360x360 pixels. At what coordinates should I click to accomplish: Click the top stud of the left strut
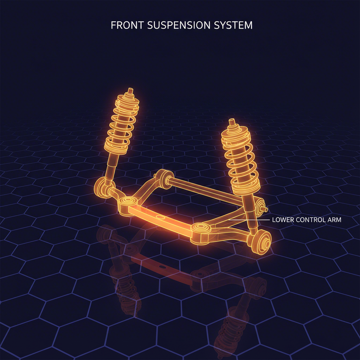(x=130, y=92)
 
